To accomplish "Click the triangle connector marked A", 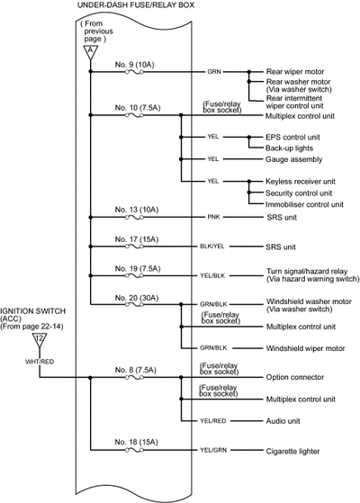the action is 90,51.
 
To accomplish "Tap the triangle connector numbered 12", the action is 40,339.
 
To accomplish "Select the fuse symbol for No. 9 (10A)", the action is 134,72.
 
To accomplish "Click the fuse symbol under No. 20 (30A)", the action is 134,304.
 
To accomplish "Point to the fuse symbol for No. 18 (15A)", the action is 134,450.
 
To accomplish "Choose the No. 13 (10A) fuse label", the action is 137,210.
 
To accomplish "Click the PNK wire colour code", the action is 213,217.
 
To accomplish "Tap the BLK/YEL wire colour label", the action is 212,247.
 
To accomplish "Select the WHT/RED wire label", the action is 40,362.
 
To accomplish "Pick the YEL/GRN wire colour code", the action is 213,450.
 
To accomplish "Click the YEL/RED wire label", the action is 213,420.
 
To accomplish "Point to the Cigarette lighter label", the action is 292,452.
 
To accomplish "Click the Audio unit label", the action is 283,421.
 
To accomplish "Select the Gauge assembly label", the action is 294,159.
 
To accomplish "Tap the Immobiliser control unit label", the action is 304,204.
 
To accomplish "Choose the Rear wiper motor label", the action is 295,72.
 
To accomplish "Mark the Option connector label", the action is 295,377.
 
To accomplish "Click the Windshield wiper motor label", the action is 305,348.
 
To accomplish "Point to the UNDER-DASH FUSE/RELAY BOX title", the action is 136,5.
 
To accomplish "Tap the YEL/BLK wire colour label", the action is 212,275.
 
